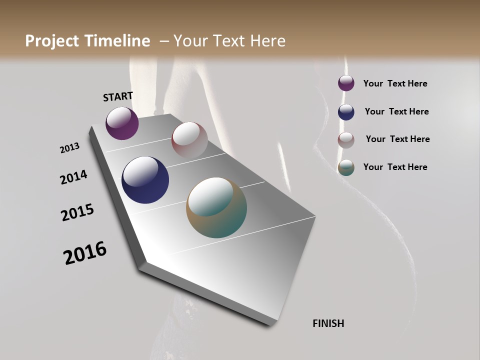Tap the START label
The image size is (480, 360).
tap(118, 96)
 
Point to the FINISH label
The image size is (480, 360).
tap(328, 323)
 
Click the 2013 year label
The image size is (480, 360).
tap(69, 148)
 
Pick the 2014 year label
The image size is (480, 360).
tap(73, 177)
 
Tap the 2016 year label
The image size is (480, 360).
tap(85, 253)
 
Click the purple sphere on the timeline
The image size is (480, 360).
tap(122, 123)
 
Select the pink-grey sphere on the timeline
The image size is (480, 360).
tap(189, 139)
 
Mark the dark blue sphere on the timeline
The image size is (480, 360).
tap(145, 180)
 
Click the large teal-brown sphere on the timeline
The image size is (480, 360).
tap(216, 207)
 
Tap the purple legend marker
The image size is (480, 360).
tap(346, 83)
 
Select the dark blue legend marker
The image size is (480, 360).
tap(346, 112)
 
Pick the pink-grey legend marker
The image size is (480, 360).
tap(346, 140)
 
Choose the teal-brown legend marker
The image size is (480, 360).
tap(346, 167)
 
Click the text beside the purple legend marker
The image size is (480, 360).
tap(395, 84)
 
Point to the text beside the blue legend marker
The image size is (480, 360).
tap(396, 111)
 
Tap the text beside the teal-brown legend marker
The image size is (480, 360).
tap(395, 167)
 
